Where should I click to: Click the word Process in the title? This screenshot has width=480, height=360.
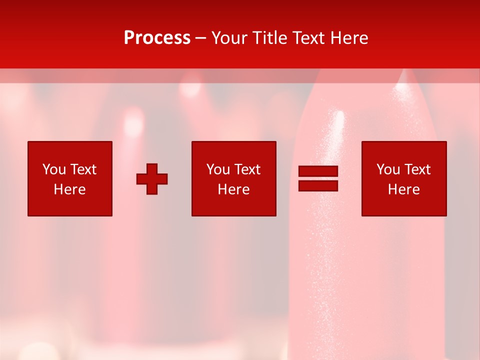click(157, 38)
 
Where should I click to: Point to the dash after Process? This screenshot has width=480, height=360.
click(200, 38)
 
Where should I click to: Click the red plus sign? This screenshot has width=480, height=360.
click(152, 179)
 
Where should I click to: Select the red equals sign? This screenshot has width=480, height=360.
click(318, 178)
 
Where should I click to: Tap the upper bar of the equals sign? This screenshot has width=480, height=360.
click(318, 171)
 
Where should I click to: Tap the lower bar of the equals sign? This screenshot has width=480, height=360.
click(318, 185)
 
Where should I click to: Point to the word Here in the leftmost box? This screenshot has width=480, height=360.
click(70, 189)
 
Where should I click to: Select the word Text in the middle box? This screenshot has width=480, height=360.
click(247, 169)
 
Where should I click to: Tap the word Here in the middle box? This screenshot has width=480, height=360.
click(234, 189)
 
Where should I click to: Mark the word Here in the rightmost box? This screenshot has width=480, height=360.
click(404, 189)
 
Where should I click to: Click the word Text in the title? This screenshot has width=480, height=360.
click(307, 38)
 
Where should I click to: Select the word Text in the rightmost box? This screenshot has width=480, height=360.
click(417, 169)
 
